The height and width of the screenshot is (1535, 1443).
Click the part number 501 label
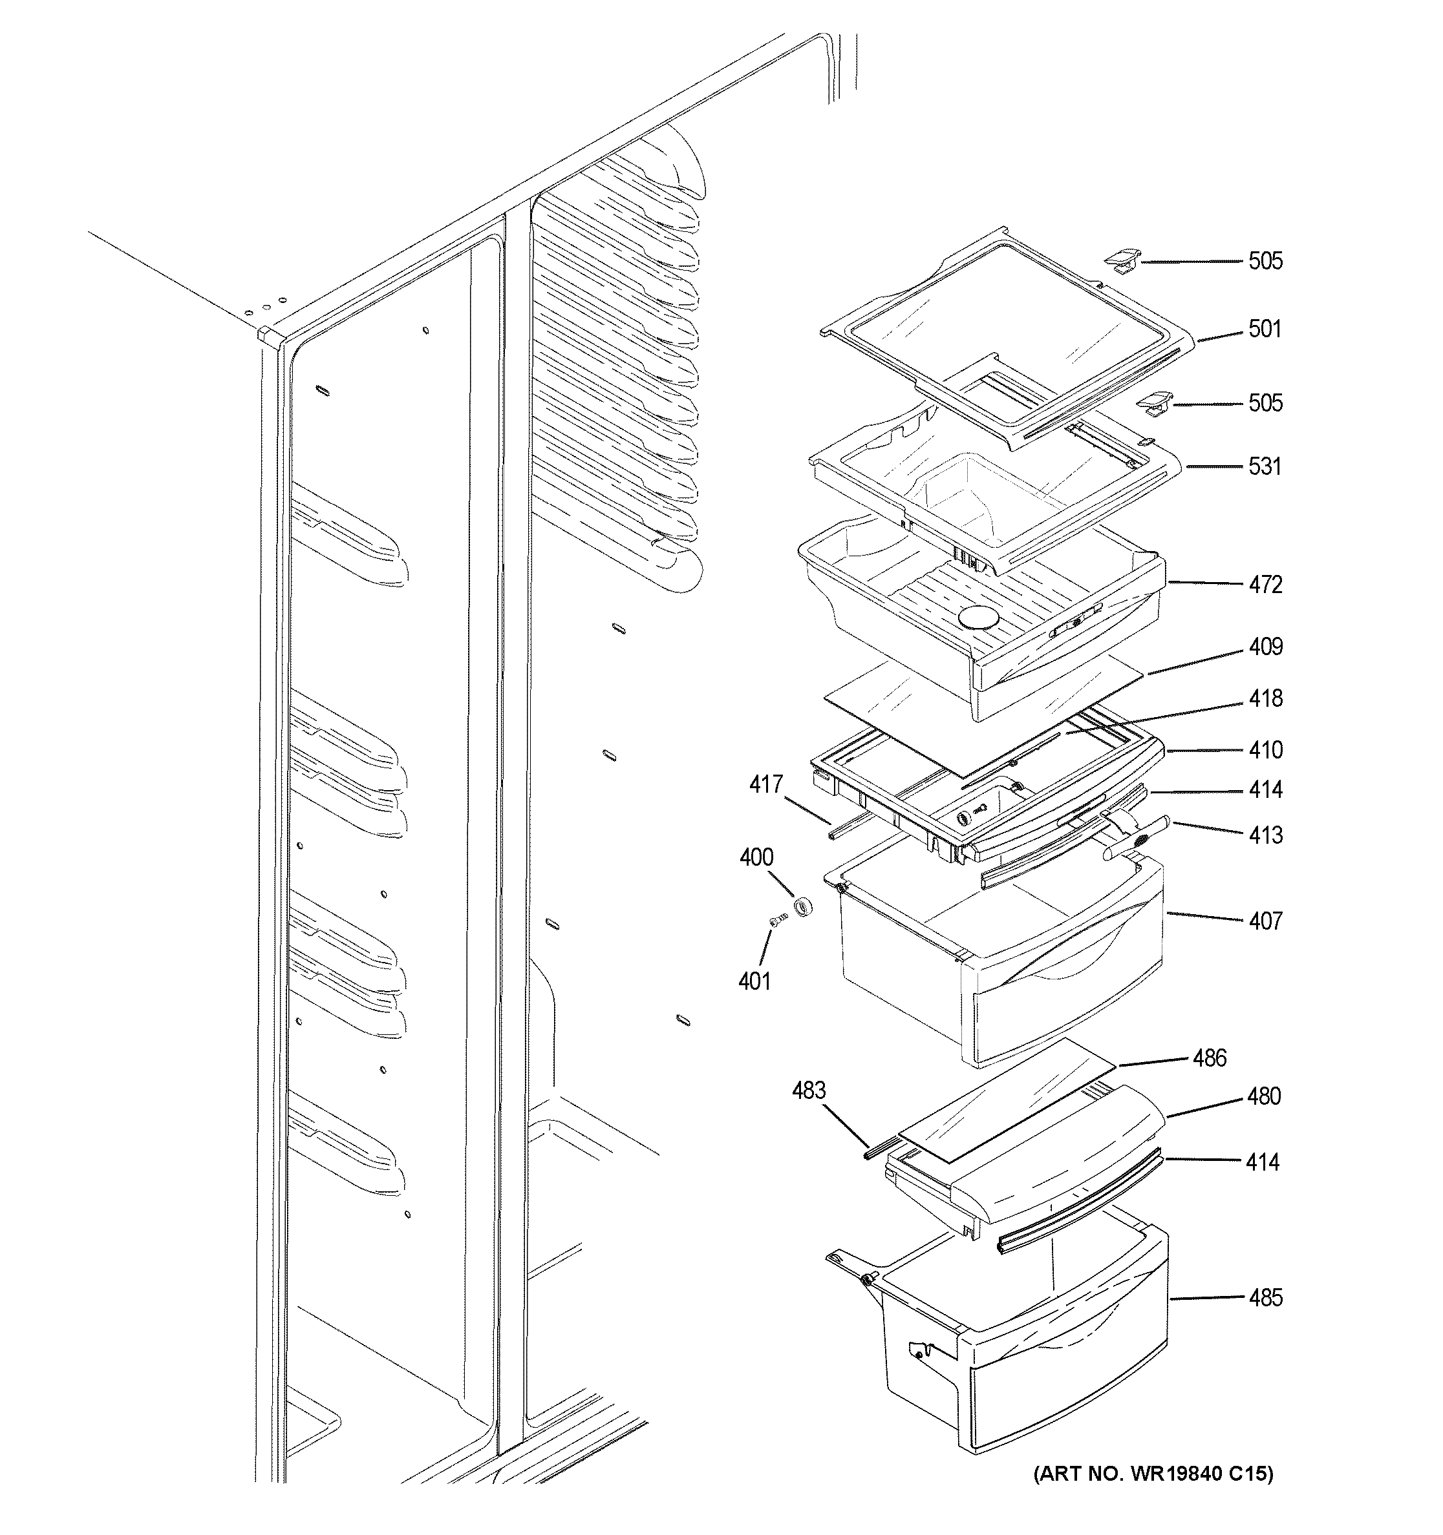coord(1265,329)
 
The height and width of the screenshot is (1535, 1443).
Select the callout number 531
coord(1265,467)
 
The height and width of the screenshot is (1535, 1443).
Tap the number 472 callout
coord(1265,585)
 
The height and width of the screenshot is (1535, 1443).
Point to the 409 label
coord(1265,647)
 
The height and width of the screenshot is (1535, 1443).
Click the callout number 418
coord(1265,699)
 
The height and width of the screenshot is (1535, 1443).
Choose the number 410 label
coord(1265,751)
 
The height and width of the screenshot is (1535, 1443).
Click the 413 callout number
coord(1265,835)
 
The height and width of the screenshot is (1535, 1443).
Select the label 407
coord(1265,921)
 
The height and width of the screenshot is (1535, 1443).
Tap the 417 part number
coord(765,785)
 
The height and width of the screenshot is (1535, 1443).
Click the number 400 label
coord(756,857)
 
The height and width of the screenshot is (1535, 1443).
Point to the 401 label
coord(754,981)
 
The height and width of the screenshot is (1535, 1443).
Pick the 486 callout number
coord(1209,1059)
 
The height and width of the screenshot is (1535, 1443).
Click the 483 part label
coord(809,1091)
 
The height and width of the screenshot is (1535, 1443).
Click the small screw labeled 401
coord(778,919)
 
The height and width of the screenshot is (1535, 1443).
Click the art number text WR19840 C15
coord(1153,1496)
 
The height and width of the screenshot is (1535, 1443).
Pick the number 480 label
coord(1263,1096)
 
